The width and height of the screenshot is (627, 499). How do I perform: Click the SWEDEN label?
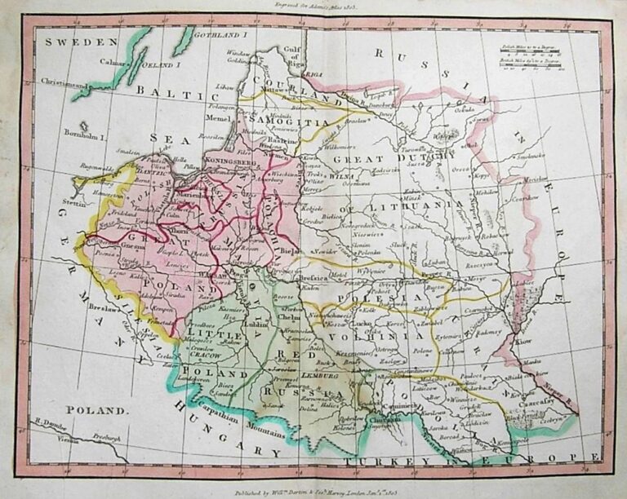coord(71,42)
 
